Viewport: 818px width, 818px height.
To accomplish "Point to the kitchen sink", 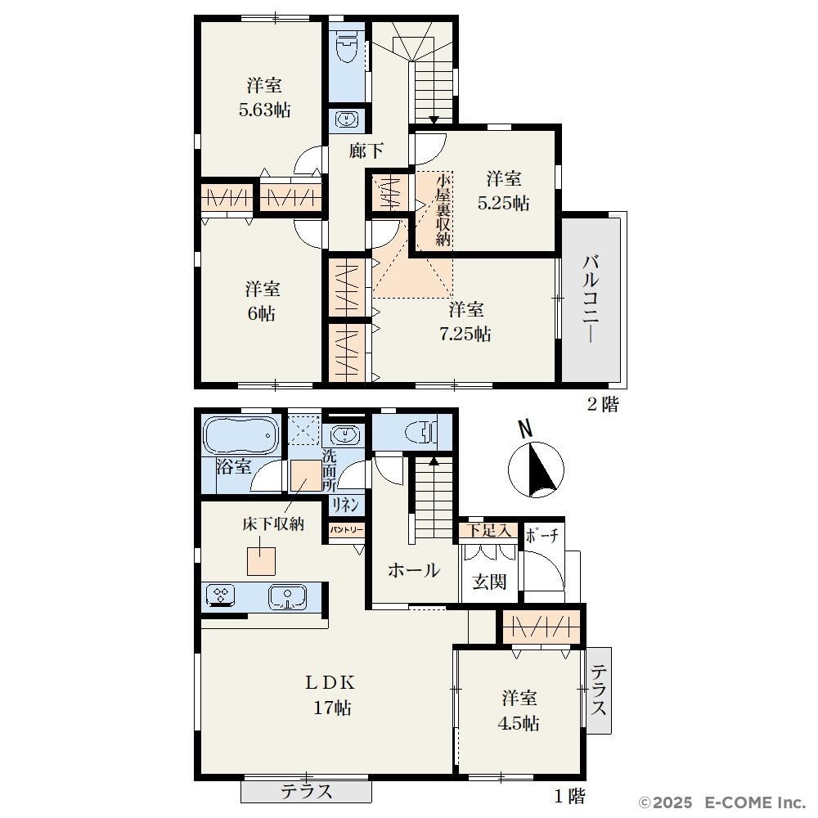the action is tap(287, 597).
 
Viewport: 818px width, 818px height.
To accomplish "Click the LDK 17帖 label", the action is tap(330, 694).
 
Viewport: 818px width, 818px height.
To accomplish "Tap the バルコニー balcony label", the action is tap(591, 299).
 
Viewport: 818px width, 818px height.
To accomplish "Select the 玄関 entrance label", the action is tap(489, 581).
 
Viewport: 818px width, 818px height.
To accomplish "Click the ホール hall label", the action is tap(414, 570).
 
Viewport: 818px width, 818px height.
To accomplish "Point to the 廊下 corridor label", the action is tap(366, 151).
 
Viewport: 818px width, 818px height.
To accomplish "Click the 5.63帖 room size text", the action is tap(264, 110).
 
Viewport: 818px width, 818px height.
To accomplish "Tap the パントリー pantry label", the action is tap(346, 529).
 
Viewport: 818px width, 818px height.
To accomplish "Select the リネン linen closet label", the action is tap(345, 505).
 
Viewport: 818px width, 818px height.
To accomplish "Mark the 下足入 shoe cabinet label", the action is tap(488, 531).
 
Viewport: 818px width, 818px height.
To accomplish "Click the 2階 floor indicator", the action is tap(603, 404).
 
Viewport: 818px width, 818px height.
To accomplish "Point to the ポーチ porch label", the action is tap(542, 536).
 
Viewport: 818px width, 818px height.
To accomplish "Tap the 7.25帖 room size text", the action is tap(465, 334).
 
